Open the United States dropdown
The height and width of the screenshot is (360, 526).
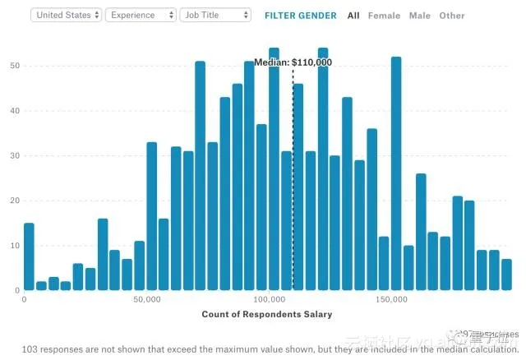(x=67, y=15)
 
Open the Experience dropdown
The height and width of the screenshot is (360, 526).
(x=141, y=15)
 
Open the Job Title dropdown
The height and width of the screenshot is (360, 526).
(x=215, y=15)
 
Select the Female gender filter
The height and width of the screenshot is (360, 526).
(x=384, y=16)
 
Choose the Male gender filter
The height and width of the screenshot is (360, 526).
(x=419, y=16)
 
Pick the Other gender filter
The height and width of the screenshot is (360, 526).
(x=451, y=16)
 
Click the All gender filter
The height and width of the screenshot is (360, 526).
(x=353, y=16)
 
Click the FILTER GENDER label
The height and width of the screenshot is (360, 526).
(x=300, y=16)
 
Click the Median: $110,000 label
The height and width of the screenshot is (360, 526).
(x=293, y=62)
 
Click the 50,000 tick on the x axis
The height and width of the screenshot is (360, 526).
(x=146, y=300)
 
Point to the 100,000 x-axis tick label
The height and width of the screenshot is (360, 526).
(x=269, y=300)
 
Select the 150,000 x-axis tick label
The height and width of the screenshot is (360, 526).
(x=391, y=300)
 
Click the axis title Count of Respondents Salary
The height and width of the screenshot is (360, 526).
(x=268, y=314)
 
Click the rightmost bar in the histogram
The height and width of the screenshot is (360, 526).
(x=506, y=275)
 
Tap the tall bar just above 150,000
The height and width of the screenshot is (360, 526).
(x=396, y=173)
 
